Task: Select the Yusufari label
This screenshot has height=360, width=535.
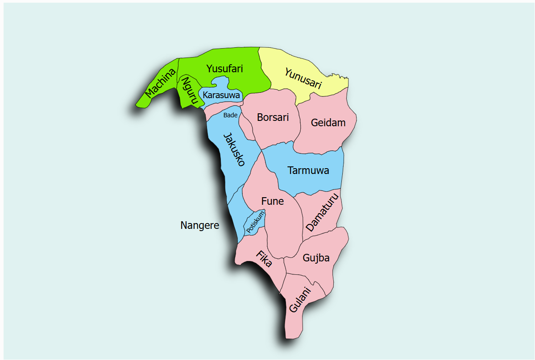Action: [224, 69]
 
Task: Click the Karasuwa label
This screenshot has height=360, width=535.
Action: [221, 95]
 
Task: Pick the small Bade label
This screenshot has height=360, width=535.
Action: [230, 115]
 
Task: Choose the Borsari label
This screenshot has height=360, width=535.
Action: [273, 117]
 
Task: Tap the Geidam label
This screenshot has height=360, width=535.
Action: [328, 123]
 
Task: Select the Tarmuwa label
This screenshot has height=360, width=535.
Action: [308, 170]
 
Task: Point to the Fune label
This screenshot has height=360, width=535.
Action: [272, 201]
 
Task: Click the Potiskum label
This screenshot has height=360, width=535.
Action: [255, 222]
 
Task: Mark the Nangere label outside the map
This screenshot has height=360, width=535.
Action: [199, 225]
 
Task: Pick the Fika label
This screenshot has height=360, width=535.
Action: [264, 258]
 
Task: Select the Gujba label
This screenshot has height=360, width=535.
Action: [316, 258]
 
